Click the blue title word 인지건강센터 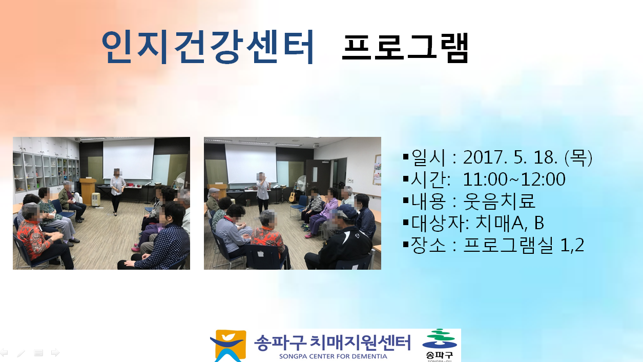point(208,47)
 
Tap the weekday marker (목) point(578,158)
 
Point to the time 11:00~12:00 point(514,179)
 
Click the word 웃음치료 point(499,201)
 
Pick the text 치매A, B point(509,223)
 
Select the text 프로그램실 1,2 point(524,245)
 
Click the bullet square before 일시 point(406,157)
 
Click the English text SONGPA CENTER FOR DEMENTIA point(333,356)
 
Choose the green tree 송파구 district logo point(440,345)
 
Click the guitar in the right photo point(293,194)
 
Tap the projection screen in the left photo point(128,159)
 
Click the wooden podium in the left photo point(88,191)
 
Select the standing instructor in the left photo point(117,192)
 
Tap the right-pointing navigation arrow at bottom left point(55,352)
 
